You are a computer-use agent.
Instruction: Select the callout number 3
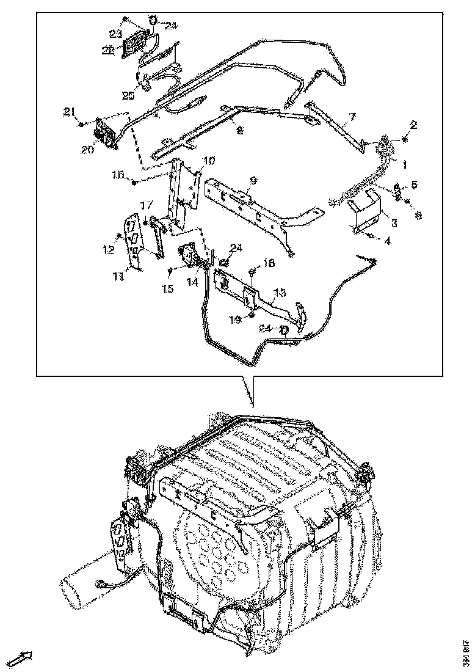click(395, 224)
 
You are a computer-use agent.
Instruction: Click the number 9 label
click(253, 181)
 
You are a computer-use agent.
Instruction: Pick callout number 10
click(208, 161)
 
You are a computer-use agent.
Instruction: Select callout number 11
click(117, 277)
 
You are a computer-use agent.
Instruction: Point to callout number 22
click(107, 51)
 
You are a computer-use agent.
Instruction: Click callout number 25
click(128, 95)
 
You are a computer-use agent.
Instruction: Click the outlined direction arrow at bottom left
click(23, 658)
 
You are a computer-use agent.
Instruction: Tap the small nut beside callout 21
click(81, 125)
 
